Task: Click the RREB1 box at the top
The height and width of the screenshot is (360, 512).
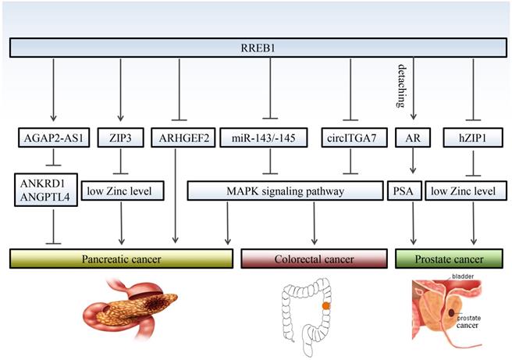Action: click(x=256, y=48)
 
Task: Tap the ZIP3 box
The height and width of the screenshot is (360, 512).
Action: click(x=120, y=138)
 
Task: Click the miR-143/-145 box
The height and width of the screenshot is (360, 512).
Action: click(x=269, y=138)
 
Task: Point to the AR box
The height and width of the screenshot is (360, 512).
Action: click(x=411, y=138)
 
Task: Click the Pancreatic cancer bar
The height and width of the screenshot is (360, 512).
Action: click(x=120, y=258)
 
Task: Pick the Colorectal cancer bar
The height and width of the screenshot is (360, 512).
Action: click(x=315, y=258)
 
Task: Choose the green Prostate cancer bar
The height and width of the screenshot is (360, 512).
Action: click(x=449, y=258)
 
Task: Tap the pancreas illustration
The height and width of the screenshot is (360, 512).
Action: click(x=133, y=308)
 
